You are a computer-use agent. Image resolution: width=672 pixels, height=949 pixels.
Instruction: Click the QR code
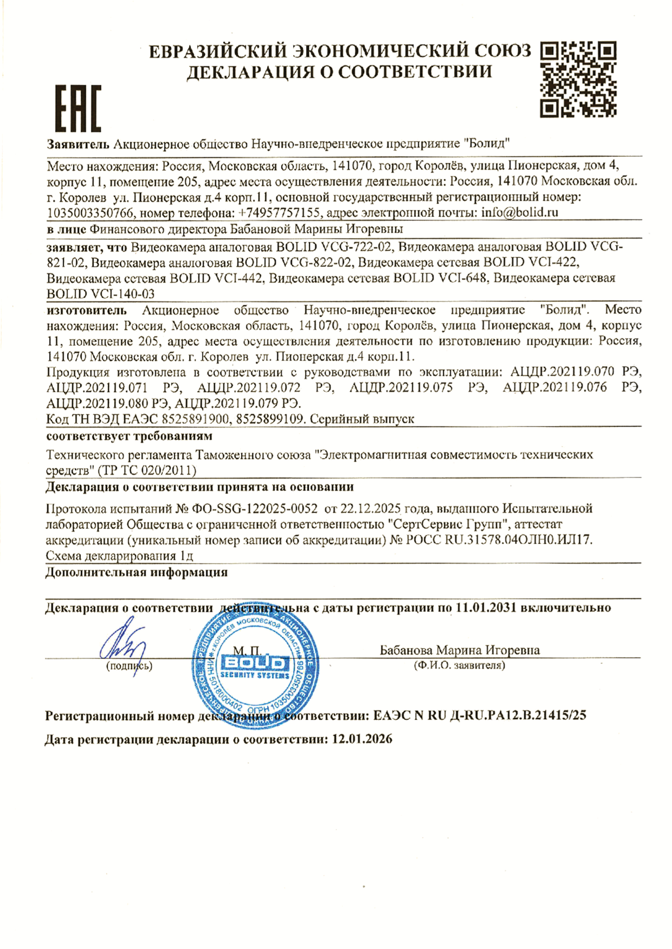[x=578, y=80]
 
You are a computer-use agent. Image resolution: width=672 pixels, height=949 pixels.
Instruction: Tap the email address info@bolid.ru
[x=520, y=213]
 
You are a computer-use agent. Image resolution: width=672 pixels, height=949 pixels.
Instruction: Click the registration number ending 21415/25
[x=479, y=715]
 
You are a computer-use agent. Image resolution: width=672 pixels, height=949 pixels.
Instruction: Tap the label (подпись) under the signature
[x=129, y=666]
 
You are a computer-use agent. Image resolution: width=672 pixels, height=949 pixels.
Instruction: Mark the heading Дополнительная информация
[x=137, y=573]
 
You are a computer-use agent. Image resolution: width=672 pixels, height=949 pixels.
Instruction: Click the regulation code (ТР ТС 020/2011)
[x=146, y=470]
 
